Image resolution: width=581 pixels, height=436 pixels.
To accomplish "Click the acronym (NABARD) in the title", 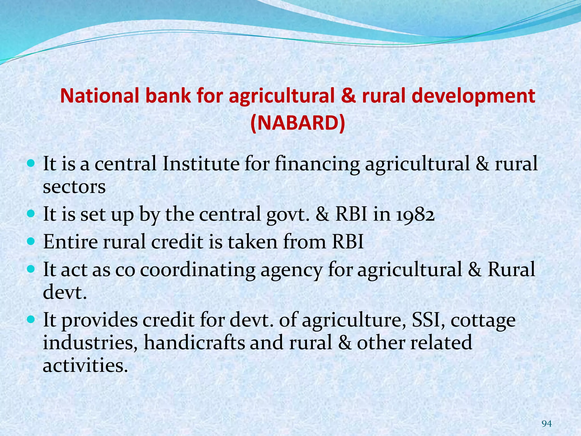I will pos(298,123).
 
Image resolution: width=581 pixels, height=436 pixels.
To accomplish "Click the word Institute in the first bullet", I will pos(201,164).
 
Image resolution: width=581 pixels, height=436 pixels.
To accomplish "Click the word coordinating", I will pos(198,269).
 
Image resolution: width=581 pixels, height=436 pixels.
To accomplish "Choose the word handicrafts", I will pos(194,342).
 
